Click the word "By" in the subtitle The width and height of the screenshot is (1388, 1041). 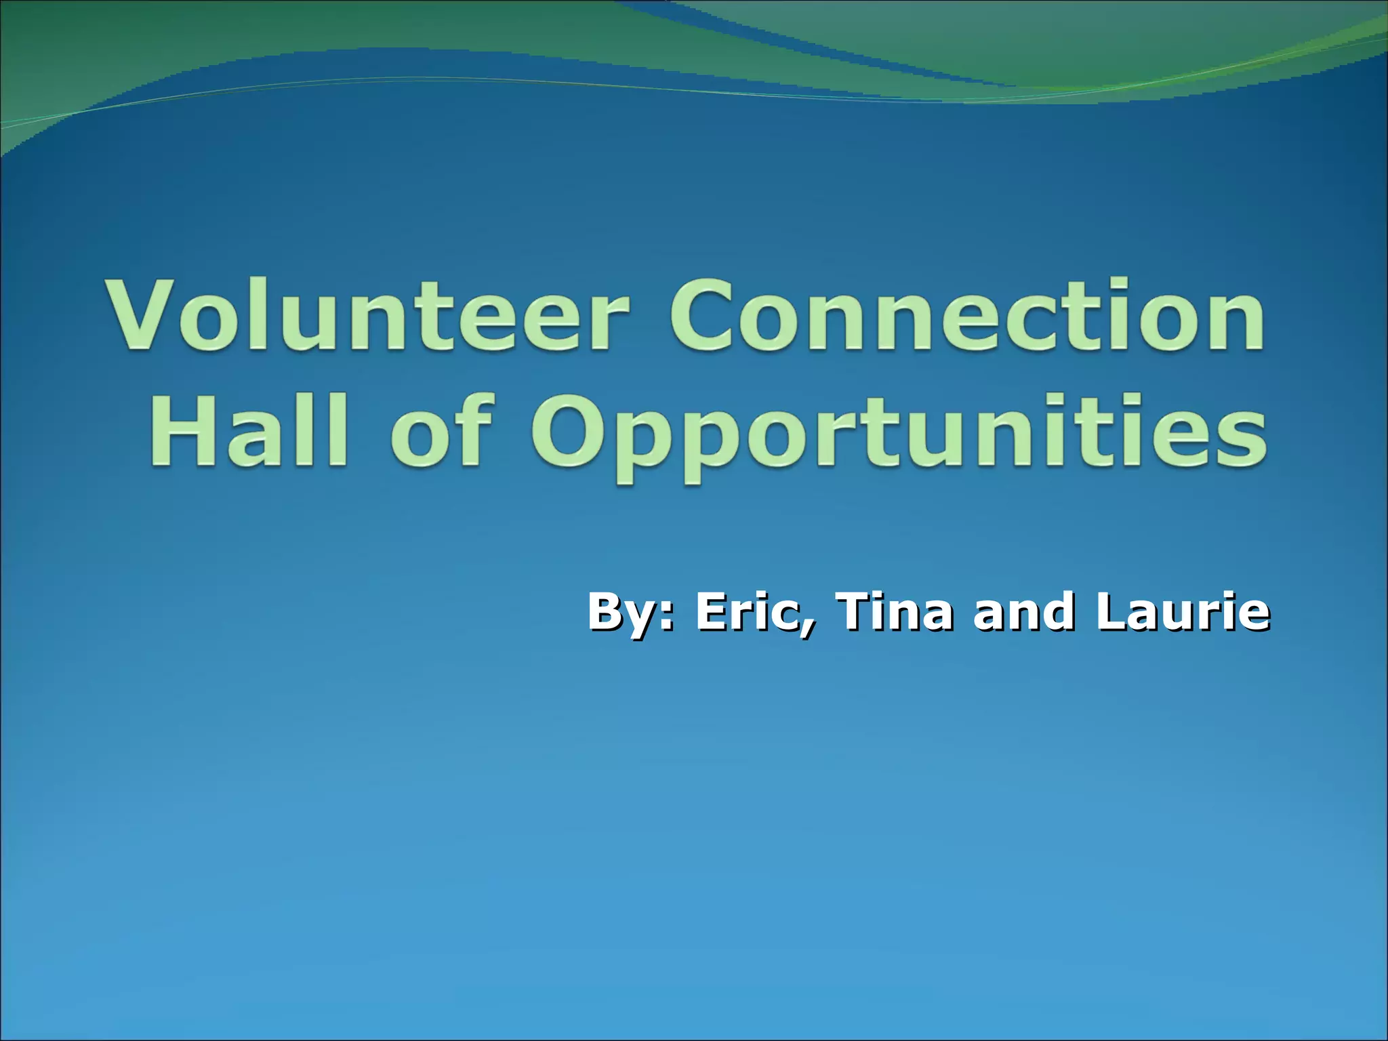(621, 612)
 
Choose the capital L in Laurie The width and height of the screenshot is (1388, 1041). (1111, 612)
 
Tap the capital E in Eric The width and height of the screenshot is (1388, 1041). (712, 612)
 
